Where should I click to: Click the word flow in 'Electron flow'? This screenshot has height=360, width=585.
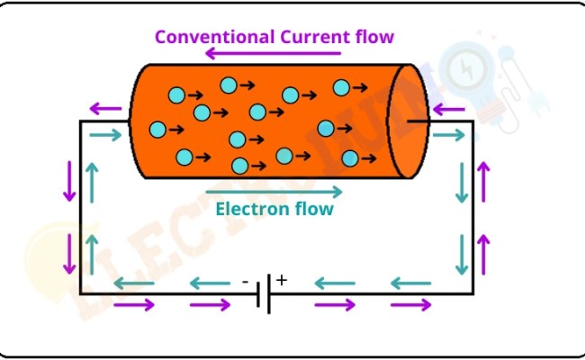tap(314, 210)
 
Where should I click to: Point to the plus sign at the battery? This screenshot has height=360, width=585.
tap(281, 280)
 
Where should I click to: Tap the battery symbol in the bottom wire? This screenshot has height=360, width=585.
tap(263, 293)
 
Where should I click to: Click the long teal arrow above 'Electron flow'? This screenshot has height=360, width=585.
tap(274, 192)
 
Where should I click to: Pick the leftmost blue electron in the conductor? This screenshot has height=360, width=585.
tap(157, 130)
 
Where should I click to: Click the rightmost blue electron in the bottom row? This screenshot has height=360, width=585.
tap(350, 158)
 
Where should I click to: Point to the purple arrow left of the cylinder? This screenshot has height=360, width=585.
tap(106, 111)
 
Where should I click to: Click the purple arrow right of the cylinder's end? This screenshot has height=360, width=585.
tap(447, 111)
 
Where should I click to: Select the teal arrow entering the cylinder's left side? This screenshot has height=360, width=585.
tap(105, 135)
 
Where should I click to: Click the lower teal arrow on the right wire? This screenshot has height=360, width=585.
tap(463, 254)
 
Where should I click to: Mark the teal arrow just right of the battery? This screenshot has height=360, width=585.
tap(334, 283)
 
